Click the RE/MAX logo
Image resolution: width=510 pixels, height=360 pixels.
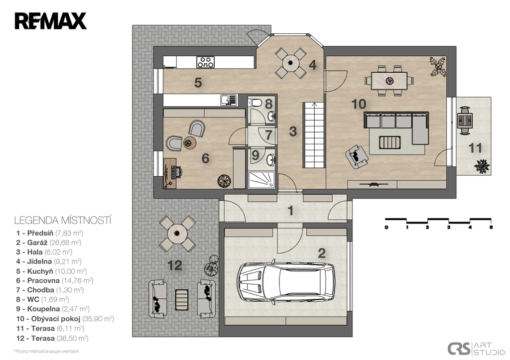pyautogui.click(x=50, y=21)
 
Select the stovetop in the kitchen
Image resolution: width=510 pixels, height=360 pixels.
pyautogui.click(x=206, y=62)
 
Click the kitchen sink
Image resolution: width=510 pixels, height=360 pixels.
pyautogui.click(x=229, y=100)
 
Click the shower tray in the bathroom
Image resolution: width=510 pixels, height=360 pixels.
pyautogui.click(x=261, y=180)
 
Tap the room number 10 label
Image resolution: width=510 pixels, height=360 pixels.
pyautogui.click(x=359, y=104)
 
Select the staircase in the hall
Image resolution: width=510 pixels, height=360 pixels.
pyautogui.click(x=314, y=135)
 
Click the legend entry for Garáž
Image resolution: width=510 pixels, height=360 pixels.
pyautogui.click(x=49, y=242)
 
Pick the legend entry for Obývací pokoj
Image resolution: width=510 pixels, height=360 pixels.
pyautogui.click(x=65, y=319)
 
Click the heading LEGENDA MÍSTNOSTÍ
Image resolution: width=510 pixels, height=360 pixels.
pyautogui.click(x=63, y=220)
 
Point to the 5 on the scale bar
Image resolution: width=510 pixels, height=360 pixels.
pyautogui.click(x=491, y=228)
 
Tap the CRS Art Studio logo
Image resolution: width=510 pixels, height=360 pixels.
pyautogui.click(x=476, y=349)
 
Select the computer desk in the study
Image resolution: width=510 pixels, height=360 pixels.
pyautogui.click(x=170, y=173)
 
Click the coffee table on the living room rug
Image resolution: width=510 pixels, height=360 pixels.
pyautogui.click(x=389, y=142)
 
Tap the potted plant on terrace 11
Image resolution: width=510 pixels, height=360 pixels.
pyautogui.click(x=482, y=166)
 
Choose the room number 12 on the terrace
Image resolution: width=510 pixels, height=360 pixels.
pyautogui.click(x=175, y=266)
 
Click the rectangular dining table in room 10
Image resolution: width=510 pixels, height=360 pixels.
pyautogui.click(x=389, y=81)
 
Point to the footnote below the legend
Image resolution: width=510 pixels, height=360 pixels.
pyautogui.click(x=46, y=351)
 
